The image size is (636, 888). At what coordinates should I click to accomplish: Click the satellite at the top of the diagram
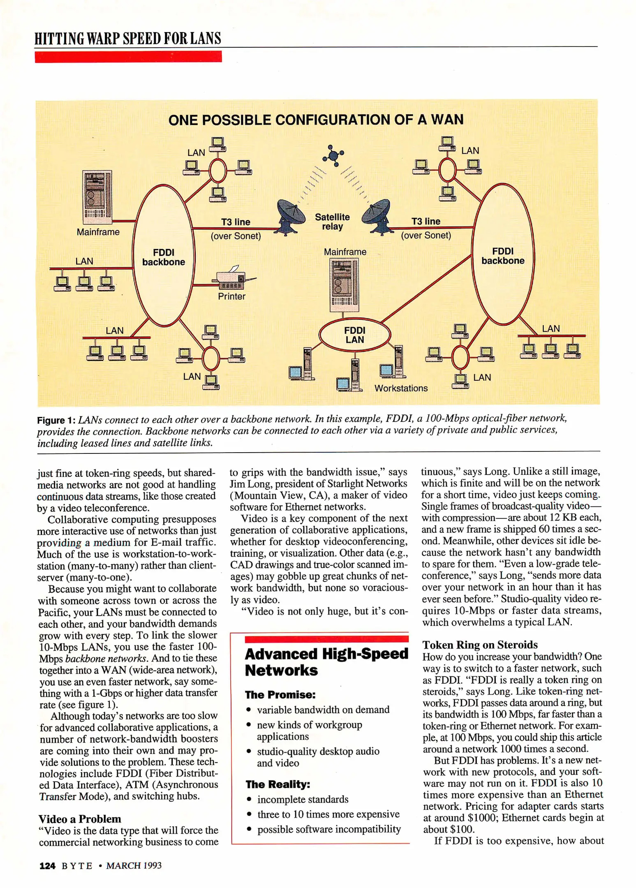(333, 155)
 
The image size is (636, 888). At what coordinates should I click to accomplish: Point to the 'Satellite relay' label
(332, 222)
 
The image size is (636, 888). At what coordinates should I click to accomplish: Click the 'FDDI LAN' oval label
(354, 335)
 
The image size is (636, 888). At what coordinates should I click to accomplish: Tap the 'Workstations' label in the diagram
(401, 388)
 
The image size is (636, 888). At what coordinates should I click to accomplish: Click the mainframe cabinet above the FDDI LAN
(345, 284)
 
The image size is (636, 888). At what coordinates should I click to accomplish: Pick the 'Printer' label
(231, 296)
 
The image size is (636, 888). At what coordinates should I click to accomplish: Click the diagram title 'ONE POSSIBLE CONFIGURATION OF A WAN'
(316, 120)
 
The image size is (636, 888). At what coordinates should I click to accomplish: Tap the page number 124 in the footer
(47, 865)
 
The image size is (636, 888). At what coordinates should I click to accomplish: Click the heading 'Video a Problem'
(80, 819)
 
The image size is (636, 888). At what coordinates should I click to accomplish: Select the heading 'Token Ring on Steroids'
(480, 644)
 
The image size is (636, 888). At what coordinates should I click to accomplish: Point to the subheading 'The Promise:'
(280, 694)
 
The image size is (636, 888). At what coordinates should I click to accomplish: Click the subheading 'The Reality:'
(278, 784)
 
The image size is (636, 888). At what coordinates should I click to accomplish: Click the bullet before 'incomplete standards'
(249, 799)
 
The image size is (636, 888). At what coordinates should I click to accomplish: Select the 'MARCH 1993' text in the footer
(134, 865)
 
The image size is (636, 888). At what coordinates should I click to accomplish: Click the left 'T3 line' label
(236, 222)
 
